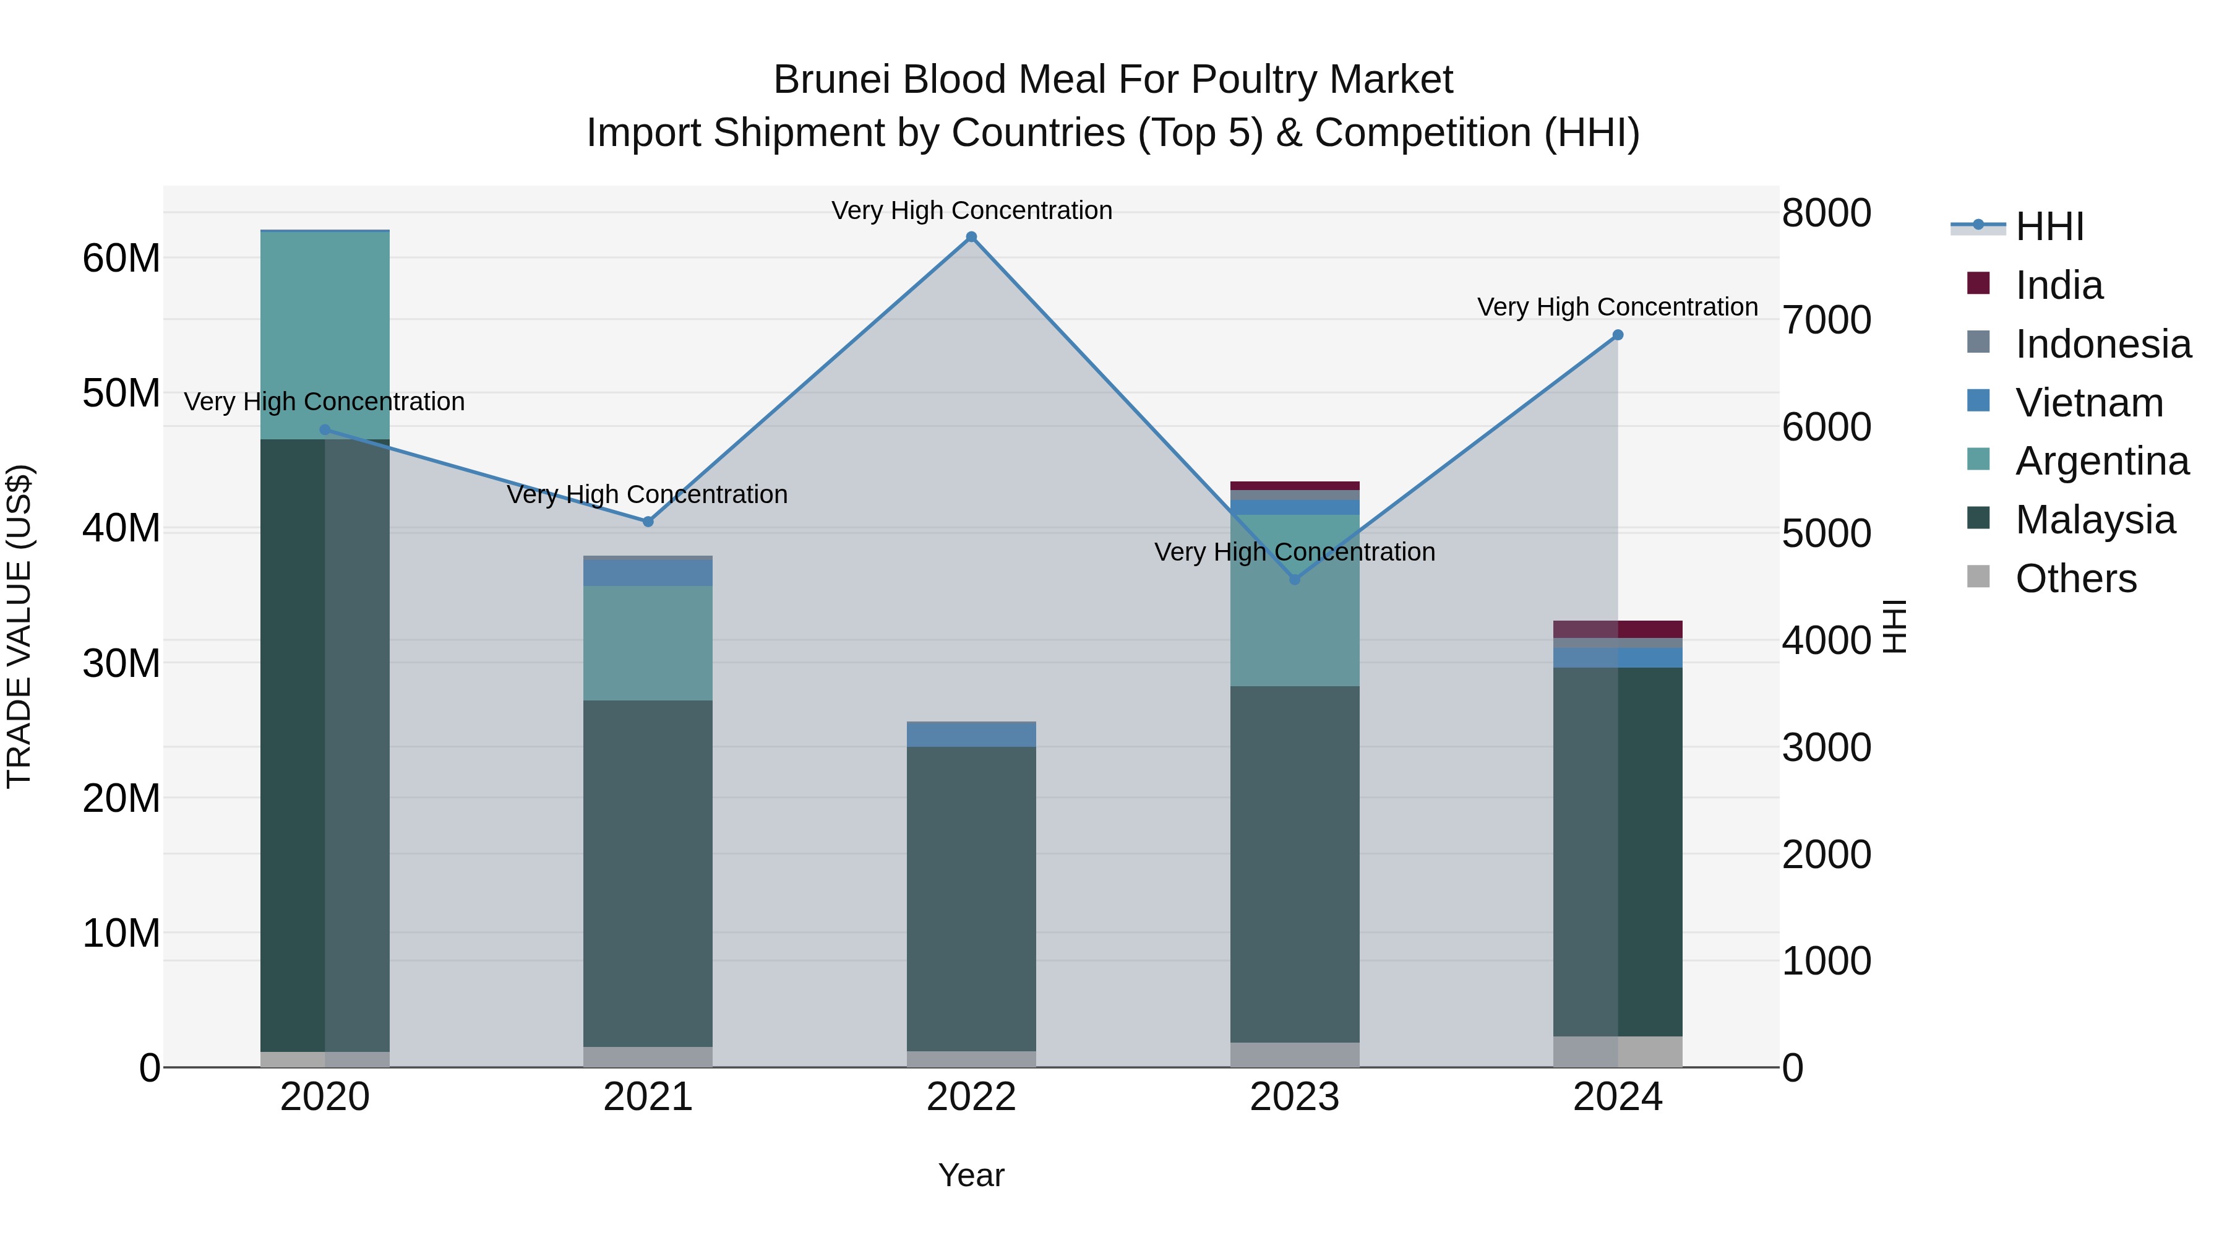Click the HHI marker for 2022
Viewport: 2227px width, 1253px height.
click(971, 237)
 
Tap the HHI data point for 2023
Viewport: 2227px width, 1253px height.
click(1294, 579)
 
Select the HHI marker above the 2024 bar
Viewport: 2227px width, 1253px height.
click(1618, 335)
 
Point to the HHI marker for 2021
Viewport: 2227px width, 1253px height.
click(648, 522)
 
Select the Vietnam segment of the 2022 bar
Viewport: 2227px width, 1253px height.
click(971, 734)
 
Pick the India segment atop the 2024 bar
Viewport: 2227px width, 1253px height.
click(1618, 629)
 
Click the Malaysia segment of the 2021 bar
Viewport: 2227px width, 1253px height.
click(648, 873)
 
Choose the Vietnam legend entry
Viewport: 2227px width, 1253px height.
click(2088, 403)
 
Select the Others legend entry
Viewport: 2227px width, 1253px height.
click(2075, 579)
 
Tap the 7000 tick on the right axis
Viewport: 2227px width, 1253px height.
click(1826, 320)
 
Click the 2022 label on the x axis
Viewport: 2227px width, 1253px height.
click(971, 1097)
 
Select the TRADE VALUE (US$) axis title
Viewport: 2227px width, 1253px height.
click(19, 626)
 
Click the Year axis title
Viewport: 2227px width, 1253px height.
click(971, 1175)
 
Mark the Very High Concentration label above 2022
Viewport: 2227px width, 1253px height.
click(971, 210)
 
